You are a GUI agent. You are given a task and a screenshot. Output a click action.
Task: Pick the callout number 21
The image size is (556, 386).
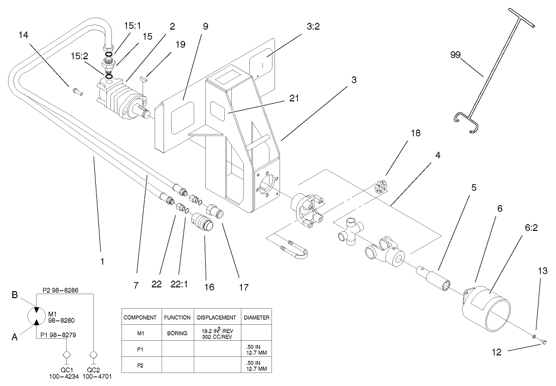tap(294, 98)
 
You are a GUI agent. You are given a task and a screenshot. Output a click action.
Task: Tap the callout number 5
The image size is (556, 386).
tap(474, 187)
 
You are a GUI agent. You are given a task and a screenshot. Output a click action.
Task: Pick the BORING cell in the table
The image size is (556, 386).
tap(177, 332)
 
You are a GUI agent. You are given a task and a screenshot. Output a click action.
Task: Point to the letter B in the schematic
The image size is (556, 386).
tap(16, 296)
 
